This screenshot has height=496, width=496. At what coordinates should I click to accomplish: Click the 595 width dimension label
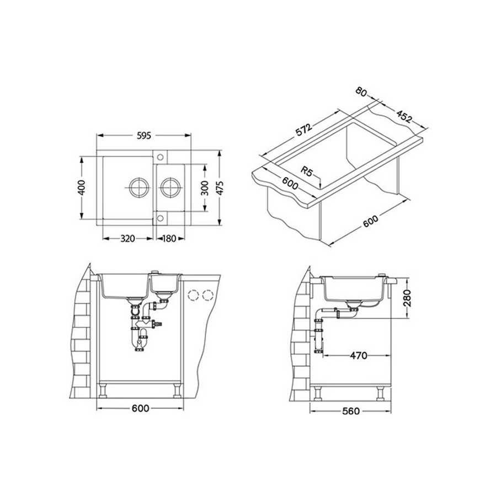(x=144, y=136)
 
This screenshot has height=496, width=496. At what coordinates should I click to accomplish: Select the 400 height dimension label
(x=81, y=188)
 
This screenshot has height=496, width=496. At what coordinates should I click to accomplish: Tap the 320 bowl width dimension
(x=128, y=238)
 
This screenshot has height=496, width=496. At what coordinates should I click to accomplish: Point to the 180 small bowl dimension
(x=169, y=238)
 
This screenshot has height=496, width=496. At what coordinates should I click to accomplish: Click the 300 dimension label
(x=205, y=188)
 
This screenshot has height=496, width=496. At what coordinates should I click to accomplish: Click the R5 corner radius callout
(x=306, y=172)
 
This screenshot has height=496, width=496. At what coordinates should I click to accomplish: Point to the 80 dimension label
(x=361, y=92)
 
